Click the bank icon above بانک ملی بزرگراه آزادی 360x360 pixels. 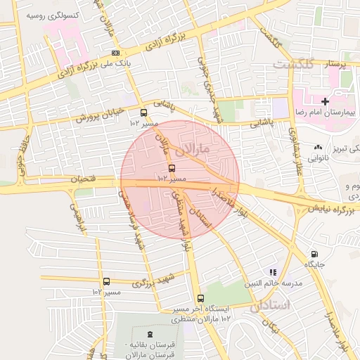coord(115,53)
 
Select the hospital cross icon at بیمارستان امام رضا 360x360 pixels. coord(325,102)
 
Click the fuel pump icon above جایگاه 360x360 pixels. coord(314,254)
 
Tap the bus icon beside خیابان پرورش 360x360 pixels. coord(143,112)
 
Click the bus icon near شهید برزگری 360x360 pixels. coord(106,281)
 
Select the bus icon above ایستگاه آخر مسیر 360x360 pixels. coord(201,298)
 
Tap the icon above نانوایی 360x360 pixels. coord(319,148)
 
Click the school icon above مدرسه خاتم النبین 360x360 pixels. coord(273,272)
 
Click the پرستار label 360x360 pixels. coord(334,63)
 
